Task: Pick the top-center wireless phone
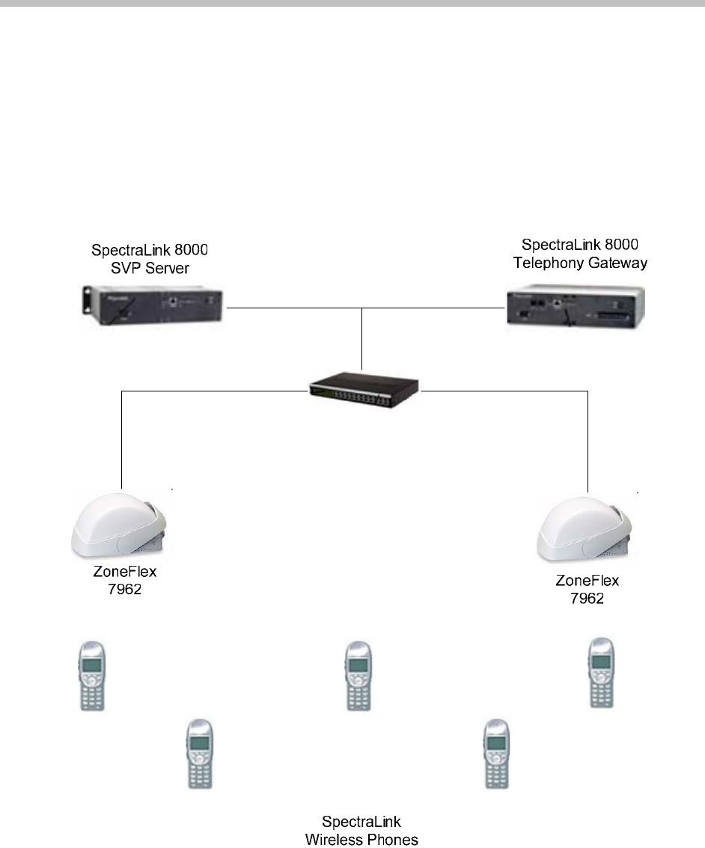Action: [357, 675]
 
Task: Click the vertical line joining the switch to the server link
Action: [362, 337]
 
